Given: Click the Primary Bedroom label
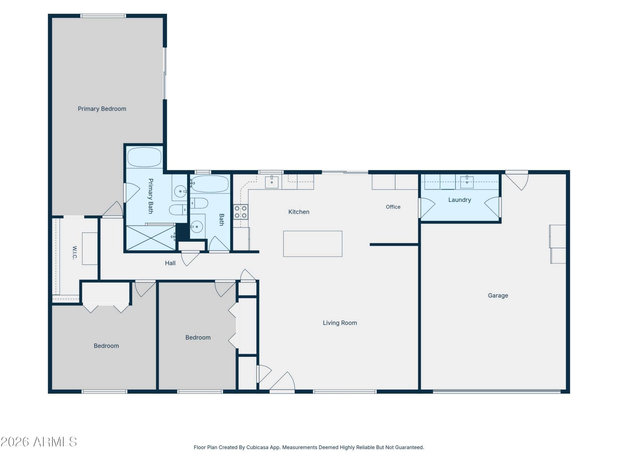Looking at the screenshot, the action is (x=102, y=109).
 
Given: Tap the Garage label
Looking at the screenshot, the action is (x=498, y=295).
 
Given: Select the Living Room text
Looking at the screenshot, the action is (x=340, y=323).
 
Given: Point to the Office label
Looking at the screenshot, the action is (x=393, y=207).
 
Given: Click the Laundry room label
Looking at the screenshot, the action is (x=460, y=200).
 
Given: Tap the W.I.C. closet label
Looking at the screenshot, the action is (x=75, y=253).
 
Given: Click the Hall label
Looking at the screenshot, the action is (x=170, y=263).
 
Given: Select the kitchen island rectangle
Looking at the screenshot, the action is (x=313, y=244).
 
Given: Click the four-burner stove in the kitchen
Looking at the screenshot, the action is (x=241, y=212).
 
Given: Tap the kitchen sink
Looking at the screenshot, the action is (x=272, y=182).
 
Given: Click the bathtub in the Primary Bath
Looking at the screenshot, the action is (x=144, y=157).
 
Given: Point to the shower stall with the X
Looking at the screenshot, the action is (x=151, y=238).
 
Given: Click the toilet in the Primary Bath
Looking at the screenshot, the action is (x=178, y=210).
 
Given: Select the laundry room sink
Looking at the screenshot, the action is (x=467, y=182).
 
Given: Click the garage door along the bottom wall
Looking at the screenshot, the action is (x=497, y=391).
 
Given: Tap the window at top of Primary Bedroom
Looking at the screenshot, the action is (x=103, y=16).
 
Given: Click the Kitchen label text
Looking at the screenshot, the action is (x=299, y=212).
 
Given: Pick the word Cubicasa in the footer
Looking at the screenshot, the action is (x=257, y=447).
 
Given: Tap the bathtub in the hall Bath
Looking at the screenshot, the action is (x=210, y=184).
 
